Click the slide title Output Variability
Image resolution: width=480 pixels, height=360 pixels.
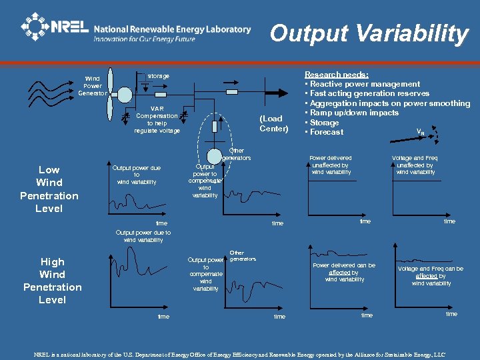[x=369, y=33]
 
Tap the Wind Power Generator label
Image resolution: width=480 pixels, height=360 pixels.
[x=93, y=85]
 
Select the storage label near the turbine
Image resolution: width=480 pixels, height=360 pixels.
[x=158, y=76]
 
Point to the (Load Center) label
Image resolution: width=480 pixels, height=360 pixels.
[x=273, y=123]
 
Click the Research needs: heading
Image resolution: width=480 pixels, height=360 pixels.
[x=336, y=75]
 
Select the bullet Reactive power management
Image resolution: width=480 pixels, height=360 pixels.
[x=364, y=84]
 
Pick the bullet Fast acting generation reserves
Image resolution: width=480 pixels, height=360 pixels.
[x=368, y=93]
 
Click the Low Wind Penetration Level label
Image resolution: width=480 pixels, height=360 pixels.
[x=49, y=189]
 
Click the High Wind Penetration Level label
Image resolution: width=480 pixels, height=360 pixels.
[x=52, y=281]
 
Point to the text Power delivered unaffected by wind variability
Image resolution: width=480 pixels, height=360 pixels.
[x=331, y=165]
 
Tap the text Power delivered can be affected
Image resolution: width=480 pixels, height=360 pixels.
[x=344, y=272]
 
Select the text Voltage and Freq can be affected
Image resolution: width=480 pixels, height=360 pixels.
[x=431, y=275]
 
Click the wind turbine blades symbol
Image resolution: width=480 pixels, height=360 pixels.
[x=113, y=93]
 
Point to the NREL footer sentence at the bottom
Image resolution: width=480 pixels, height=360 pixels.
[x=239, y=354]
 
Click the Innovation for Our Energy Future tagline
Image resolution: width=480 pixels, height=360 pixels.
[x=144, y=39]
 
